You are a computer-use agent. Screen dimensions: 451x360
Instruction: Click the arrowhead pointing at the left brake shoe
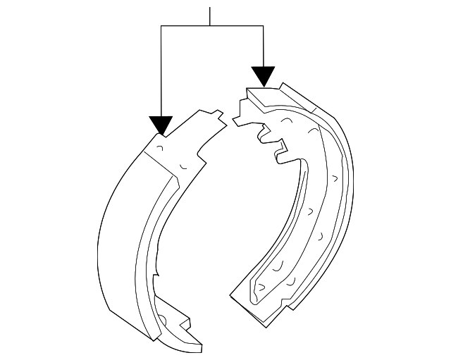[162, 125]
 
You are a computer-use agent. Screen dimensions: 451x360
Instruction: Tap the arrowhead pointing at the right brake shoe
[263, 76]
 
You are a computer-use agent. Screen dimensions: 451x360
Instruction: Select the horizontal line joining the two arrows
[211, 26]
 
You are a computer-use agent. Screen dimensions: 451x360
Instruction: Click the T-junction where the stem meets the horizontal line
[210, 26]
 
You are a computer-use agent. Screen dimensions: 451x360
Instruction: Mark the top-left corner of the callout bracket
[162, 26]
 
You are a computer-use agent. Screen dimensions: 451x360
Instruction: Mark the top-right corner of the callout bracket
[263, 26]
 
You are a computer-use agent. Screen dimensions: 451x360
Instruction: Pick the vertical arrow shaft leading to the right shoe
[263, 46]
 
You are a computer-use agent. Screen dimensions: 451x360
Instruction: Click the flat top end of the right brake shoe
[262, 93]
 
